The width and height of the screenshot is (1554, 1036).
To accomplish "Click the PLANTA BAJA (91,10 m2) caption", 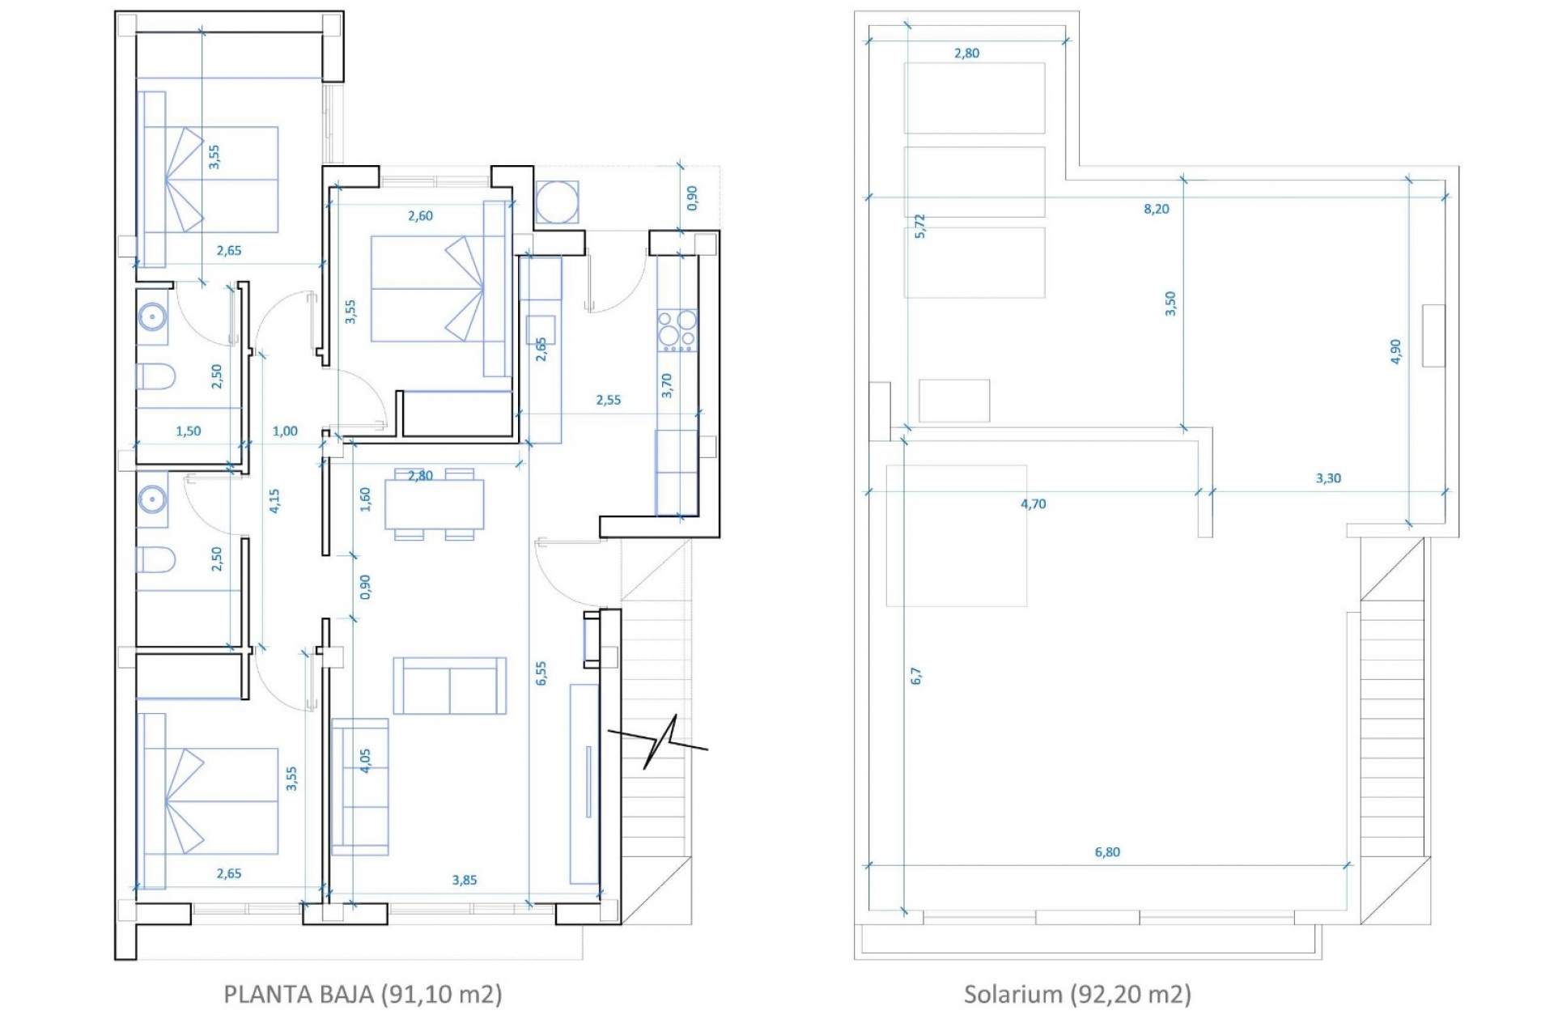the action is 363,994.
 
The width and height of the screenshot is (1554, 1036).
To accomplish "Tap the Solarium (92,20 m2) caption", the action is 1077,994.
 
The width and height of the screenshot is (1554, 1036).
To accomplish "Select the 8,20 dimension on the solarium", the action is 1157,209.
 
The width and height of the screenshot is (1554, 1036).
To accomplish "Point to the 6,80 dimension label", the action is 1107,851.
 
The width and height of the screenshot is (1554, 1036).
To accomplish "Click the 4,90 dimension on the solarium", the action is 1395,351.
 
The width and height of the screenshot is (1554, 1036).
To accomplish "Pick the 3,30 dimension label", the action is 1328,478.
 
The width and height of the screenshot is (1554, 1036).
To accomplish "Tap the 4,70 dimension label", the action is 1034,503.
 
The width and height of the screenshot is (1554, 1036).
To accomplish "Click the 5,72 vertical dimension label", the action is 919,226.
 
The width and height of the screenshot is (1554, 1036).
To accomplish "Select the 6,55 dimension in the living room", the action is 541,673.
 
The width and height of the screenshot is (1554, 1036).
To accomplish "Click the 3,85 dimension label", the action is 465,880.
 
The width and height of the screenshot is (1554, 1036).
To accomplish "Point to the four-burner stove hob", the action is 677,330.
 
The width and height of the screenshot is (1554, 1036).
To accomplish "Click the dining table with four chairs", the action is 435,503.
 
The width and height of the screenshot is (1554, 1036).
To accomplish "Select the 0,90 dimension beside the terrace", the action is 692,198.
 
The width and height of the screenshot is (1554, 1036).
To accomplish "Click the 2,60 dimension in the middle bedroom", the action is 420,216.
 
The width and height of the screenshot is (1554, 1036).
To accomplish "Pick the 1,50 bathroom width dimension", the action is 189,431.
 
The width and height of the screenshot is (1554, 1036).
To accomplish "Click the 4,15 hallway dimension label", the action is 274,500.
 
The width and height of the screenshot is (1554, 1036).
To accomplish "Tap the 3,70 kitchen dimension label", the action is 667,385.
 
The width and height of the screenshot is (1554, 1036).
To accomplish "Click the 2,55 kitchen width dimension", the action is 609,400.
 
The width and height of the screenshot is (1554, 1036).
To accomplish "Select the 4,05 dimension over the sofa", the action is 365,761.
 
